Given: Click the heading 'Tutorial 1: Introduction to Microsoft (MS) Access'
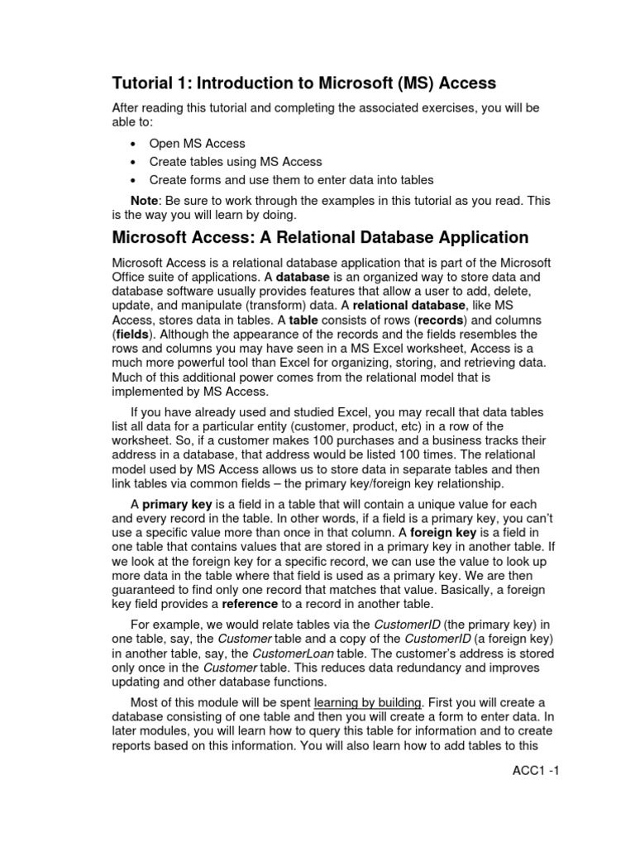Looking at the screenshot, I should click(x=304, y=83).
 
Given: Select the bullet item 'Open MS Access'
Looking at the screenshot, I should click(x=197, y=143).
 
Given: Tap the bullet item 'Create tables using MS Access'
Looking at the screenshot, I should click(x=236, y=161).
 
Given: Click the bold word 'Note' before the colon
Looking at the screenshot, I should click(x=146, y=201).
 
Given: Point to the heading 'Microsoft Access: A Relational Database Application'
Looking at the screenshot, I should click(x=320, y=238).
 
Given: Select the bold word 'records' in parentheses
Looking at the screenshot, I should click(x=440, y=319).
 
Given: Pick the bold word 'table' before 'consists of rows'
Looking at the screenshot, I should click(x=303, y=319).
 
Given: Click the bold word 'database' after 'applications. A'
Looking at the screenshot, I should click(x=303, y=277).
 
